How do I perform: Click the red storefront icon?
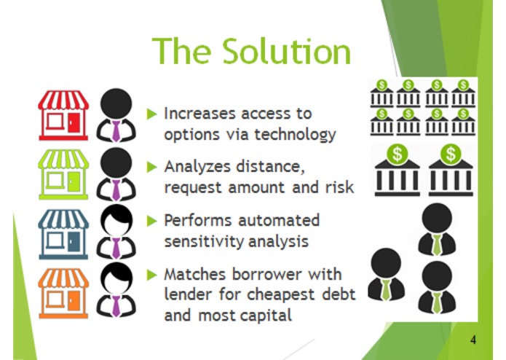click(63, 115)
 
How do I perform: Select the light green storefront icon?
click(63, 174)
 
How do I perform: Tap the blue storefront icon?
click(63, 234)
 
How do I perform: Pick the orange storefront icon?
click(63, 293)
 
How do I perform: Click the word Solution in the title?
click(287, 52)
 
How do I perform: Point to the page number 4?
click(473, 340)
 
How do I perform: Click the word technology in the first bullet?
click(296, 135)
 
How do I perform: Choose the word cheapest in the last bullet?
click(281, 295)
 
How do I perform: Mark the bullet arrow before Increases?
click(151, 114)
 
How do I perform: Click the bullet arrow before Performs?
click(151, 221)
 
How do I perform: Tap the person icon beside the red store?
click(116, 115)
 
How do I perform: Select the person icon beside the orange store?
click(116, 289)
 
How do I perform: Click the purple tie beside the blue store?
click(116, 248)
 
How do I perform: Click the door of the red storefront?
click(74, 122)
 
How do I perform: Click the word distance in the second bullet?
click(270, 167)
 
